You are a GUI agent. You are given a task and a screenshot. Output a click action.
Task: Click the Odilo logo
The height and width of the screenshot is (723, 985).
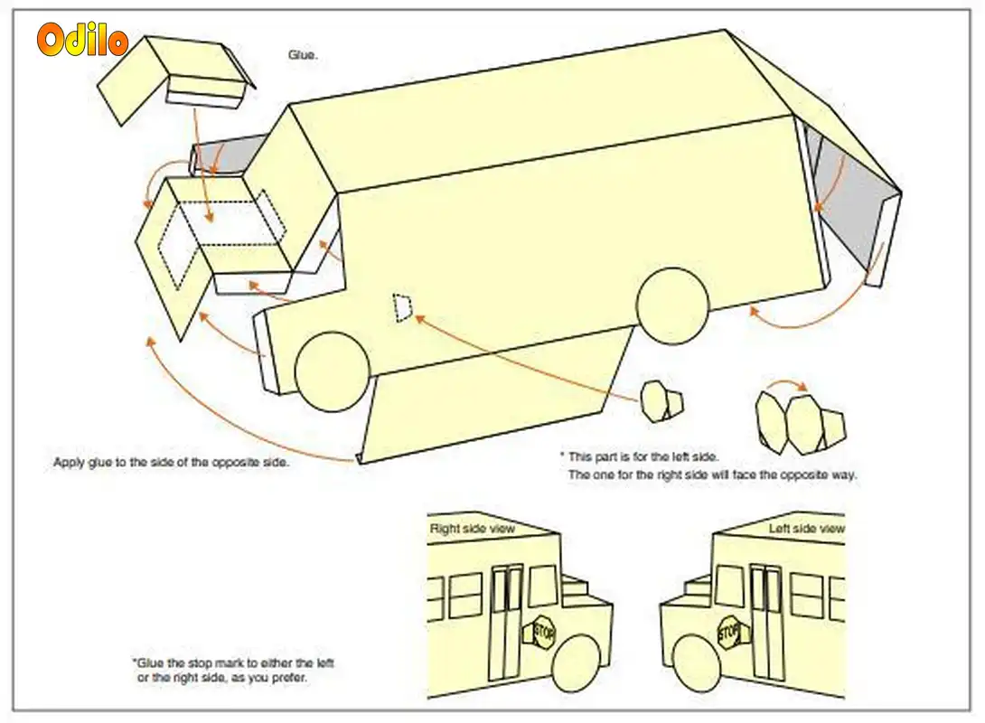click(x=82, y=41)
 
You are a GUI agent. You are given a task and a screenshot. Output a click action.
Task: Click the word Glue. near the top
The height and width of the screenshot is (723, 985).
click(x=303, y=55)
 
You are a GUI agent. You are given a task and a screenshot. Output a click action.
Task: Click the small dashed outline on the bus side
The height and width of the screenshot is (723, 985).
click(x=402, y=307)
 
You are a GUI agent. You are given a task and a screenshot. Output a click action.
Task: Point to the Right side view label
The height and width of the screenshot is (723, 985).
click(x=472, y=529)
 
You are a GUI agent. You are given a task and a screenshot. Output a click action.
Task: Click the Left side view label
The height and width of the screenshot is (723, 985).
click(x=806, y=529)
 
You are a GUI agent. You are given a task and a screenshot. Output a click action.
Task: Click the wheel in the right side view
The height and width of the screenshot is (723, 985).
click(x=577, y=664)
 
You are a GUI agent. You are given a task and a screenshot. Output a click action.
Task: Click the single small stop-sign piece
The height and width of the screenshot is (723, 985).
click(x=661, y=400)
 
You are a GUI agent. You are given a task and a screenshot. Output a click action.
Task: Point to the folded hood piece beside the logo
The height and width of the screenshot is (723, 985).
click(x=172, y=77)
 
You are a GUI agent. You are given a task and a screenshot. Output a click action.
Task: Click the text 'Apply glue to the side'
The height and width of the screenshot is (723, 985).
click(x=171, y=463)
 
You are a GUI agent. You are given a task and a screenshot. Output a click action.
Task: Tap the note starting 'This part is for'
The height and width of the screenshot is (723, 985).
click(x=643, y=457)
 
